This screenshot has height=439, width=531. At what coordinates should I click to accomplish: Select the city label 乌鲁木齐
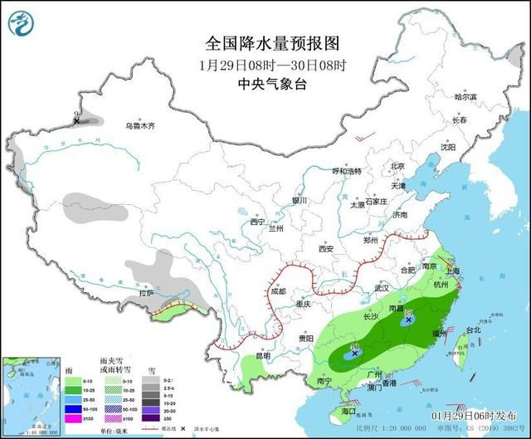[x=140, y=126]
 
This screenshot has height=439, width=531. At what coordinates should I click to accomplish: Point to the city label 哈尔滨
[x=466, y=97]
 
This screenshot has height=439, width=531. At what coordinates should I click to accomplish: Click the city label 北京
[x=397, y=166]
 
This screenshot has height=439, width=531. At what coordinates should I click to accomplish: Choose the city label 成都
[x=277, y=291]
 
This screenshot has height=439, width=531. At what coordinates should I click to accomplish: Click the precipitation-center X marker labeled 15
[x=409, y=319]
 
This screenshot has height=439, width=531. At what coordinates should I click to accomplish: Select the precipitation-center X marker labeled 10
[x=355, y=353]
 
